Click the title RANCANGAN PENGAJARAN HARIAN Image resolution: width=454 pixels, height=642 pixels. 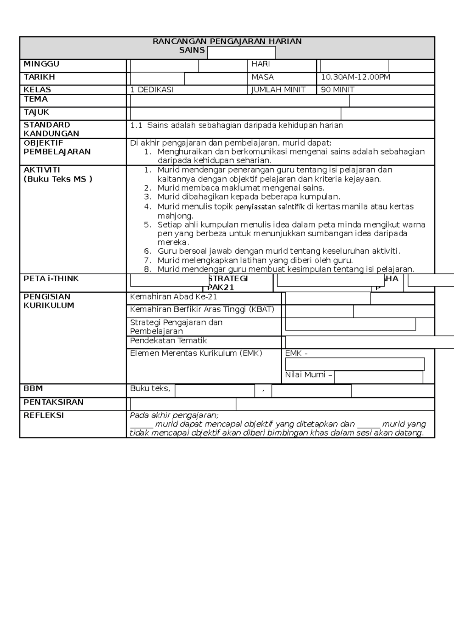coord(227,41)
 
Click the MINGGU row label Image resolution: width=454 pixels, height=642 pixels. coord(41,64)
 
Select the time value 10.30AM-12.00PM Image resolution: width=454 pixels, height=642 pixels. coord(355,78)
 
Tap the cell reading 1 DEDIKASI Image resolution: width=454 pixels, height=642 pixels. coord(152,90)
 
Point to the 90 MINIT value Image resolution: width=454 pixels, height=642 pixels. coord(337,90)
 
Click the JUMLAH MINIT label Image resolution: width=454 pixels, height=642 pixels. coord(278,90)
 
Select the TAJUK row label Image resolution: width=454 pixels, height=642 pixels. coord(36,112)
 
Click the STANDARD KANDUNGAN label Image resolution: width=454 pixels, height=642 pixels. coord(51,129)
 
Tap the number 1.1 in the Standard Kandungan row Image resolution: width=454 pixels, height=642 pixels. coord(136,126)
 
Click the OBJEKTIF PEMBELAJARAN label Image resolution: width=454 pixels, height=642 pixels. coord(57,147)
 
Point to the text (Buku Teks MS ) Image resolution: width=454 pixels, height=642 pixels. coord(58,179)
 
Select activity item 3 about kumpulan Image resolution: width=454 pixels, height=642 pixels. coord(249,197)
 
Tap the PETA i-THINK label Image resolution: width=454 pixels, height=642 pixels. coord(51,279)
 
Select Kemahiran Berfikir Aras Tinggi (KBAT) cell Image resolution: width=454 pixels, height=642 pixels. coord(202,310)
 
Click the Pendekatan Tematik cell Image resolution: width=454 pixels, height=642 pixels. coord(168,341)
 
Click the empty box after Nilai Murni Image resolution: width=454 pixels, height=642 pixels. coord(378,377)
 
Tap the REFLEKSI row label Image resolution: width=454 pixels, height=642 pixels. coord(44,416)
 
